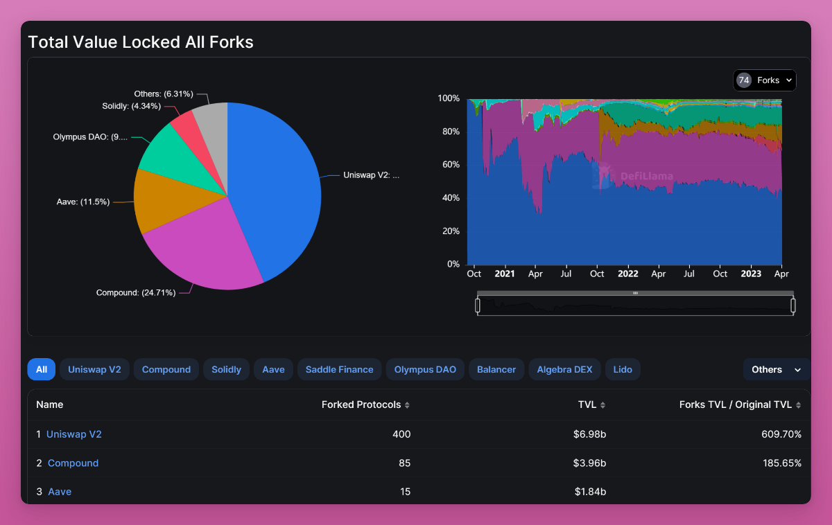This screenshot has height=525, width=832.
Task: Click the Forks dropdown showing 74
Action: pos(765,80)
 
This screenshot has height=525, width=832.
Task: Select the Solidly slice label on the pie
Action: pos(131,106)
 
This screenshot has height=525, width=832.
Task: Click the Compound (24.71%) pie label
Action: pos(135,293)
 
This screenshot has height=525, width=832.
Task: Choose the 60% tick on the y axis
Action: pos(449,165)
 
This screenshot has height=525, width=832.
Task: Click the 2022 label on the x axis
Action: pos(627,274)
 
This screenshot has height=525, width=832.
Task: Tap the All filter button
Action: pos(42,369)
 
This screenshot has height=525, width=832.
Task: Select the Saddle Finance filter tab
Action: pos(339,369)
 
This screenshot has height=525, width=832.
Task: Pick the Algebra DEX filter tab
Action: pos(564,369)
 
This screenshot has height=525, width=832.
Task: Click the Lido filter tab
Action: pos(623,369)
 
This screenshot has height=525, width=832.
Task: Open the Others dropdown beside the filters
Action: pos(776,369)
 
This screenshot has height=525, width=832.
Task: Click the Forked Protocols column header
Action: pos(361,404)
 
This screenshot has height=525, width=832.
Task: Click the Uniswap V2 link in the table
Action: pos(74,434)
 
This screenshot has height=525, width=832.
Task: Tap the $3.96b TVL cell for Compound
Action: pos(590,463)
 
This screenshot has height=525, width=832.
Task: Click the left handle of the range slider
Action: pos(478,305)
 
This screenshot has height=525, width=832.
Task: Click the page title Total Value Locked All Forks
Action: pos(141,42)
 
